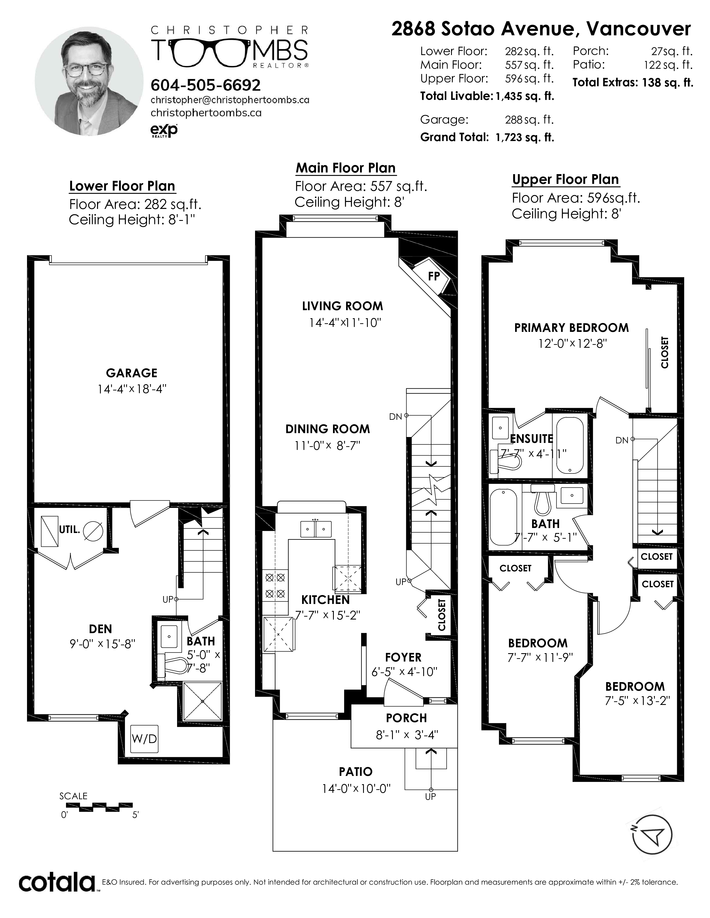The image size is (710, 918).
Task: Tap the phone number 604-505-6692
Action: pyautogui.click(x=206, y=85)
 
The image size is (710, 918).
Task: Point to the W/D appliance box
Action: pyautogui.click(x=144, y=739)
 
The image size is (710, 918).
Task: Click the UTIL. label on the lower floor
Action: pyautogui.click(x=69, y=530)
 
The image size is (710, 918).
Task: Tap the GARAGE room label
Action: pyautogui.click(x=132, y=373)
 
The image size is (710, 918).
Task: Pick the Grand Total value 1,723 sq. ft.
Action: pyautogui.click(x=525, y=137)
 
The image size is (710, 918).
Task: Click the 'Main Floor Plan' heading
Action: pyautogui.click(x=346, y=168)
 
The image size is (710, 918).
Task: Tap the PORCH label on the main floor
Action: pyautogui.click(x=406, y=718)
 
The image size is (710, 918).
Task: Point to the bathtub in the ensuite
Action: pyautogui.click(x=570, y=446)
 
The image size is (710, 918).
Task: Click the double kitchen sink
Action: pyautogui.click(x=316, y=529)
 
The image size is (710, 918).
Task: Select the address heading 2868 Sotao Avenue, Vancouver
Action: pyautogui.click(x=541, y=29)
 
